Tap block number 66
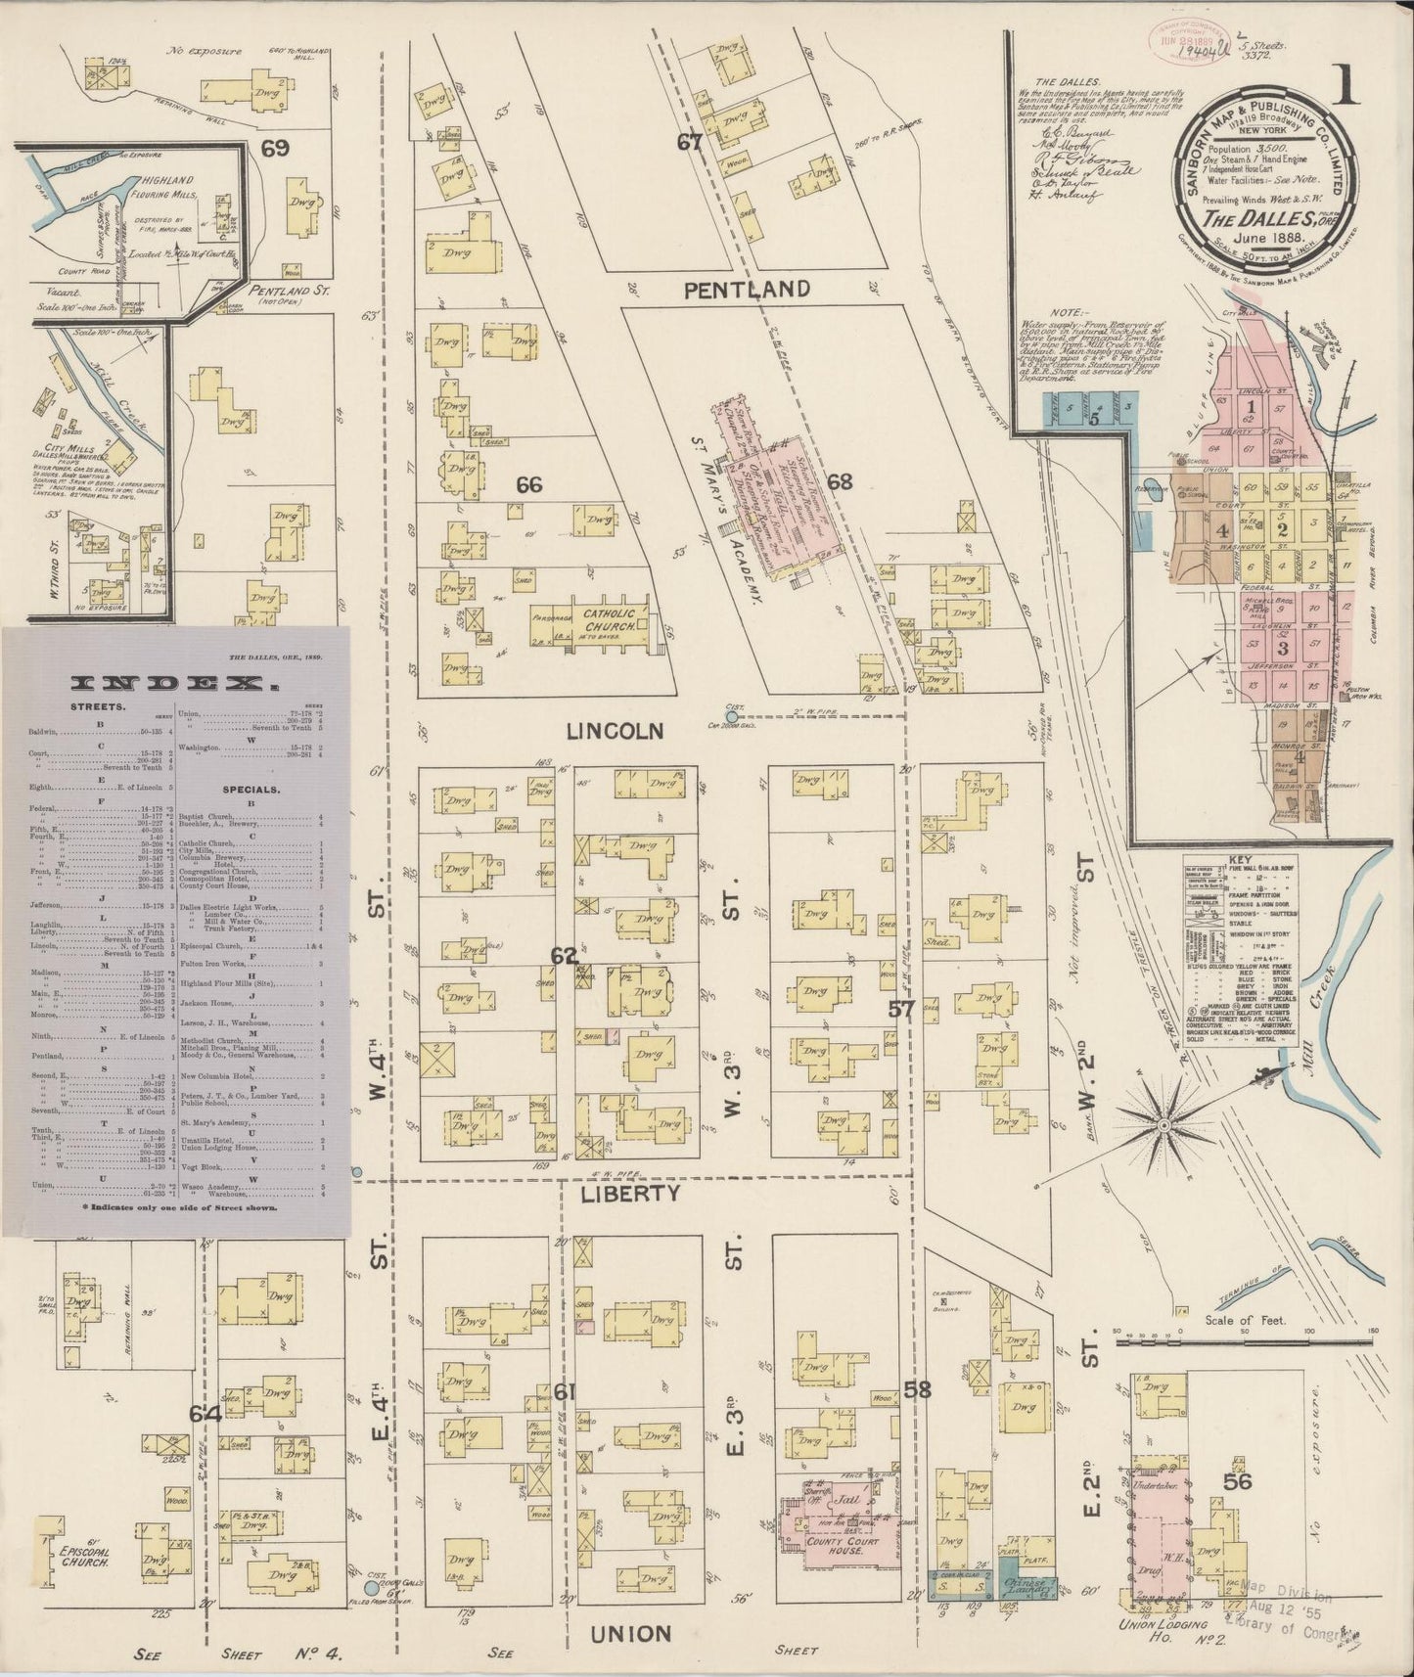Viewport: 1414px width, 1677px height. [x=528, y=484]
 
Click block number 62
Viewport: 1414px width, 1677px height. [x=564, y=956]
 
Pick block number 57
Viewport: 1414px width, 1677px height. [x=901, y=1009]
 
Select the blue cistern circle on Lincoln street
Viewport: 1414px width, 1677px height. [x=731, y=717]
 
